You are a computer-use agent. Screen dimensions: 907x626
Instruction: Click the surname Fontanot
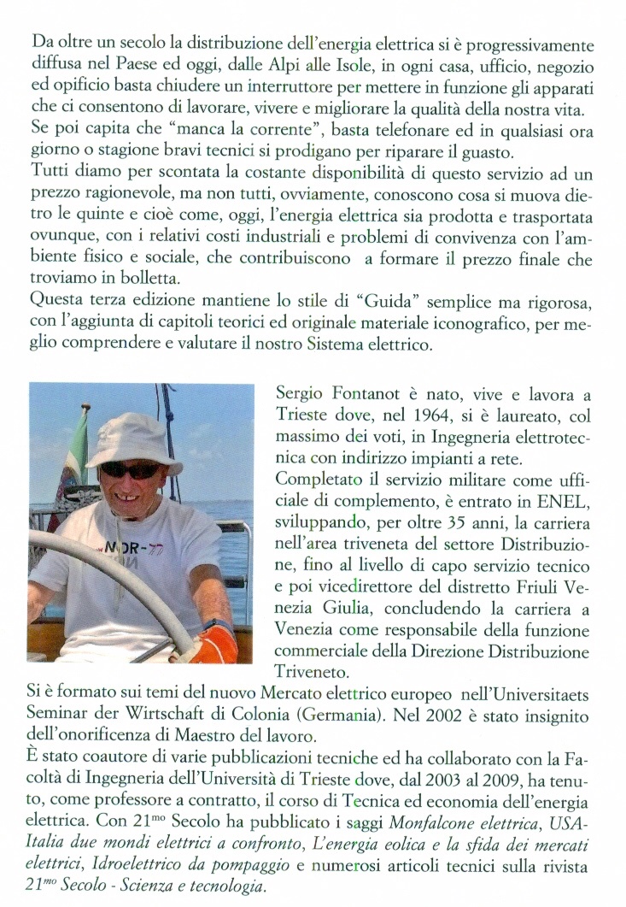click(x=366, y=396)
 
